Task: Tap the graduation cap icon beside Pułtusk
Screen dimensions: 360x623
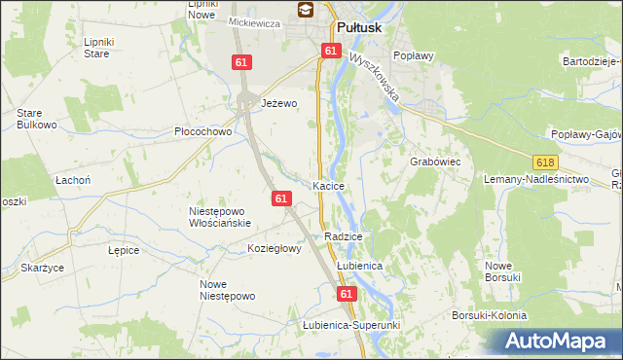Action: point(306,11)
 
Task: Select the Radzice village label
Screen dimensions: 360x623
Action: point(344,236)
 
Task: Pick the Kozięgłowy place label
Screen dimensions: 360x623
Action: point(275,248)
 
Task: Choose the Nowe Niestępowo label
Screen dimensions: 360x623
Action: point(226,290)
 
